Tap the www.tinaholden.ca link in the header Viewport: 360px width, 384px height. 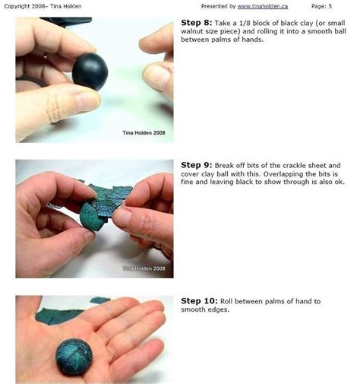click(x=262, y=6)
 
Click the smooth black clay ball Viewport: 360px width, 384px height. click(x=90, y=71)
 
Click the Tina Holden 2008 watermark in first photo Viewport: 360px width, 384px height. click(x=143, y=132)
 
